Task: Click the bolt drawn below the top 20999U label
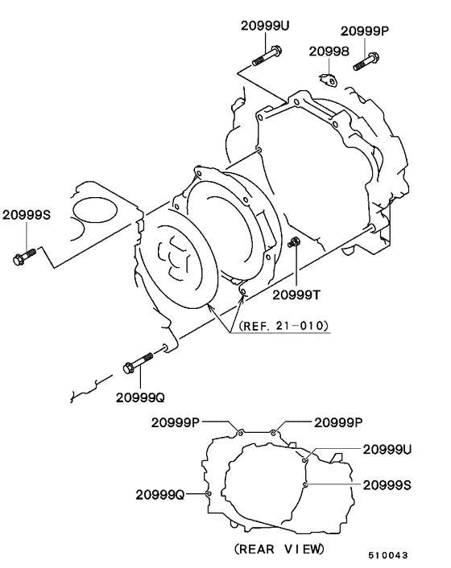pos(267,56)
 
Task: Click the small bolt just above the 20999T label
pos(295,242)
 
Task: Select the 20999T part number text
pos(296,294)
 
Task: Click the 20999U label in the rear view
pos(387,449)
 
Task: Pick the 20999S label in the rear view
pos(387,484)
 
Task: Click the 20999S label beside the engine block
pos(26,215)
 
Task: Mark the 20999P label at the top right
pos(364,31)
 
